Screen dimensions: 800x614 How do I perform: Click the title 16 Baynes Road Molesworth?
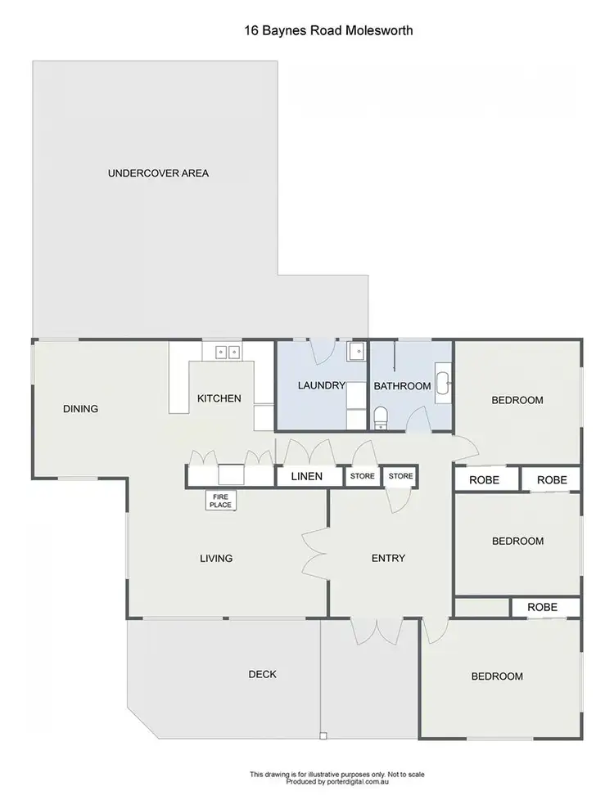click(x=327, y=31)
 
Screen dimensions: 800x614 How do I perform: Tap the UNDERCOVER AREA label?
click(x=158, y=173)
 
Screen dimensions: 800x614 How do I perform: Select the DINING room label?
click(x=80, y=409)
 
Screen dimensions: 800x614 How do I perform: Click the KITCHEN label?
click(x=219, y=398)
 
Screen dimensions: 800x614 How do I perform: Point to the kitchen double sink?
click(x=227, y=353)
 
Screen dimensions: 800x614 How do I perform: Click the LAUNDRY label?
click(x=321, y=386)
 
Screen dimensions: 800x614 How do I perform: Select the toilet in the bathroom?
click(x=380, y=419)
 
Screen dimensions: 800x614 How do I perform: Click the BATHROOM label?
click(x=402, y=386)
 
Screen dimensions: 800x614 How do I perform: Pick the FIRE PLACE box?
click(x=221, y=501)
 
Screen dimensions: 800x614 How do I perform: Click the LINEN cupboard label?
click(x=308, y=476)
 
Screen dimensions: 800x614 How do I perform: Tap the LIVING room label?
click(x=216, y=559)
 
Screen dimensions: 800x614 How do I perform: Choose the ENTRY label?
click(x=388, y=559)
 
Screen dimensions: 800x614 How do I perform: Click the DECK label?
click(x=262, y=675)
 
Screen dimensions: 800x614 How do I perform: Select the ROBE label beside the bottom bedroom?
click(x=542, y=608)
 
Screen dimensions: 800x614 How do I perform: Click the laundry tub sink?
click(x=357, y=353)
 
